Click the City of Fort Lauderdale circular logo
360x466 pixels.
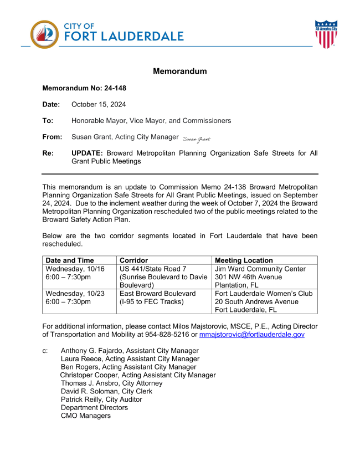[44, 34]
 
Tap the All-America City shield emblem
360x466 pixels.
[326, 34]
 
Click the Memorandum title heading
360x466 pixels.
[179, 71]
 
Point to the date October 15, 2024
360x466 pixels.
[99, 104]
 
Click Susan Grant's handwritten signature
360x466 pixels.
[197, 138]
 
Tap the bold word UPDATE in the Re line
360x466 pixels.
[88, 153]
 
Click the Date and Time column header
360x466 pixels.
[70, 260]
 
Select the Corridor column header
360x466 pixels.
[135, 260]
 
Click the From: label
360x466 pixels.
[52, 137]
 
